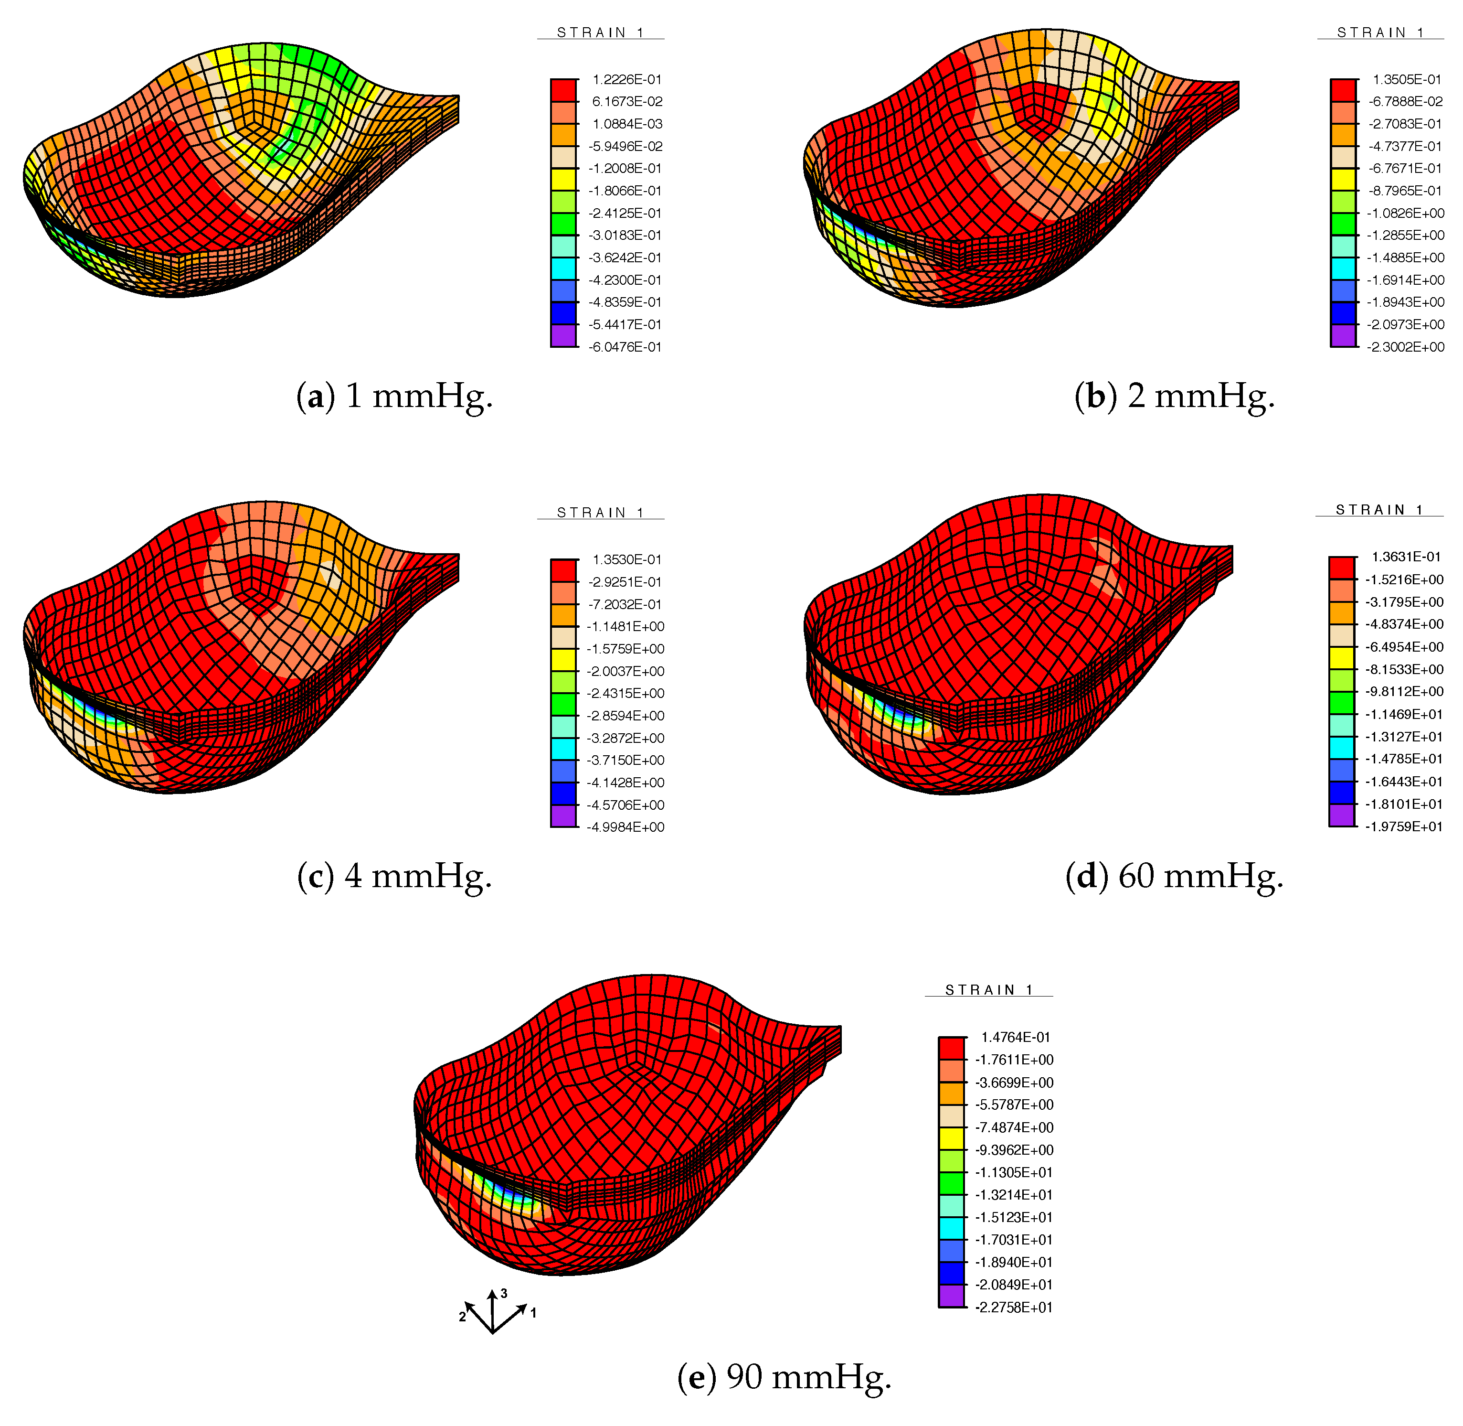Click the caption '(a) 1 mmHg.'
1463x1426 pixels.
tap(394, 396)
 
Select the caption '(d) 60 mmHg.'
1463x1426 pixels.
tap(1174, 876)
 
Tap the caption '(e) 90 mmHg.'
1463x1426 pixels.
tap(784, 1377)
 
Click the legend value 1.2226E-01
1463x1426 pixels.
tap(626, 79)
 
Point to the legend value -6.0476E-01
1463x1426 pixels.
tap(625, 347)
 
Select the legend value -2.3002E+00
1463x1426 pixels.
tap(1405, 347)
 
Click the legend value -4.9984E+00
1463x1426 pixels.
tap(626, 827)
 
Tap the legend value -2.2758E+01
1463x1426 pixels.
tap(1014, 1307)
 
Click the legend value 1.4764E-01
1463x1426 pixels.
tap(1015, 1037)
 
